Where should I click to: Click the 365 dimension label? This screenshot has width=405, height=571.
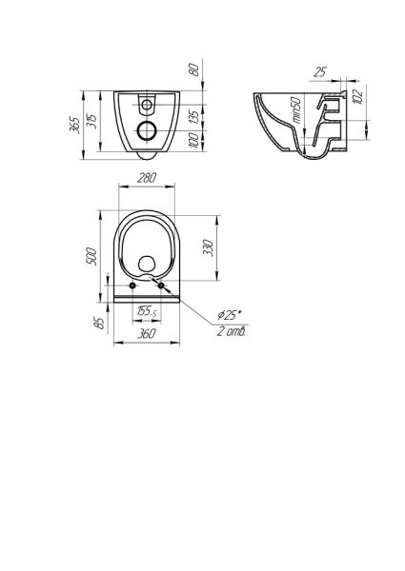coord(75,125)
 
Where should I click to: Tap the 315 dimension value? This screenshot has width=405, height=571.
coord(91,121)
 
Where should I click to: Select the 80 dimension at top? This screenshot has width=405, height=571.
coord(195,69)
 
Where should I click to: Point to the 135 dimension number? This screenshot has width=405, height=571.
coord(195,116)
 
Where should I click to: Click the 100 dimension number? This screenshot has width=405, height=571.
coord(195,141)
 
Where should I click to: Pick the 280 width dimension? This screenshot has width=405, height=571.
coord(147,178)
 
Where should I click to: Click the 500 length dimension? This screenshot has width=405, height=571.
coord(91,256)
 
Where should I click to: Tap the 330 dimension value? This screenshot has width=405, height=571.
coord(208,248)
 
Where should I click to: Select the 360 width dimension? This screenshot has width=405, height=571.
coord(147,333)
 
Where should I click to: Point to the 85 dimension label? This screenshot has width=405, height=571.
coord(99,323)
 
